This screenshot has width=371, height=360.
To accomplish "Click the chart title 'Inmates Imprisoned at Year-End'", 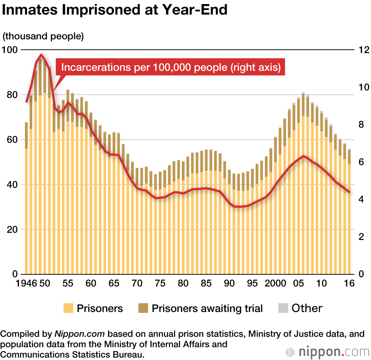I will (115, 10).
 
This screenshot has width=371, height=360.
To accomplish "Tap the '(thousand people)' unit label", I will (43, 36).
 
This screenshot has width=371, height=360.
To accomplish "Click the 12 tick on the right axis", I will (361, 50).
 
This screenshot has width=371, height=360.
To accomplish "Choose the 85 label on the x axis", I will (206, 283).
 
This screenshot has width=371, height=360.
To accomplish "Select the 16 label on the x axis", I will (349, 283).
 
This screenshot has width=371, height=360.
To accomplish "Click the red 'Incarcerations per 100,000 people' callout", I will (171, 68).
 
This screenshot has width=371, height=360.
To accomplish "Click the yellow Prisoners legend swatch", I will (68, 308).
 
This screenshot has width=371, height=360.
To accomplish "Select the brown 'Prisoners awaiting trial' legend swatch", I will (143, 308).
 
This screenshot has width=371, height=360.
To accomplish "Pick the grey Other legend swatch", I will (283, 308).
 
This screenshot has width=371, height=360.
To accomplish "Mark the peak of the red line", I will (41, 55).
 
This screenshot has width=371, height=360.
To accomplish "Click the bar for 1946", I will (27, 200).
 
